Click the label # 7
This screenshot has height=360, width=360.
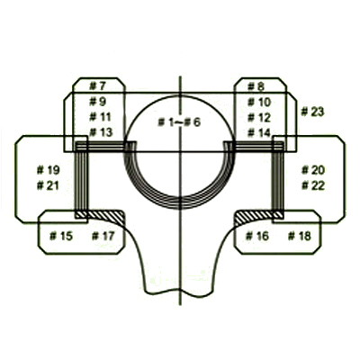pos(98,86)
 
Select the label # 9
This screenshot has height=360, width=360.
pos(98,102)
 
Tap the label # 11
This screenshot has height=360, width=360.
pos(100,117)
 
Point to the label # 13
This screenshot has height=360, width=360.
pos(101,132)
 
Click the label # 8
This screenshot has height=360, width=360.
pos(256,86)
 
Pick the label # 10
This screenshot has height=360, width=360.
pos(259,103)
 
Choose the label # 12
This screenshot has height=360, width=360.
pos(259,118)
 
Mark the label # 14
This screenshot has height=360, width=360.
pos(259,133)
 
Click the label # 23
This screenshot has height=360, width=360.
pos(312,112)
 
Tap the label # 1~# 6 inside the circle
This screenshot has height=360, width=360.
pos(179,122)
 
